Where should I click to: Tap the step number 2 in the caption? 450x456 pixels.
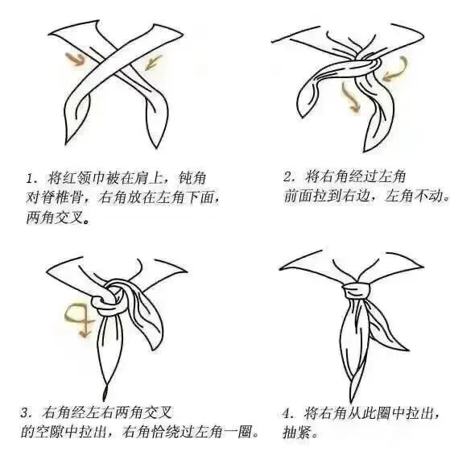point(287,176)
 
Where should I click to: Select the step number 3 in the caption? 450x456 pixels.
point(25,413)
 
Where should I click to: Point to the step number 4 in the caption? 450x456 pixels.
point(287,413)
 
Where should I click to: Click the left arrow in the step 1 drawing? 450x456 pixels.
point(75,59)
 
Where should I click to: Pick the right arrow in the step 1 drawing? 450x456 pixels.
point(153,63)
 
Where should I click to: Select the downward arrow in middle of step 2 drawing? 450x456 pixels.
point(349,98)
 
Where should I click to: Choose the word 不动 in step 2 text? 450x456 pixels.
point(429,196)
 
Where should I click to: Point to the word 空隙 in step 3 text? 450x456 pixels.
point(49,432)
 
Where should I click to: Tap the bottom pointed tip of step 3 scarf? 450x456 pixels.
point(104,401)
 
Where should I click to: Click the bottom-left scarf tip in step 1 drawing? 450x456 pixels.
point(67,143)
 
